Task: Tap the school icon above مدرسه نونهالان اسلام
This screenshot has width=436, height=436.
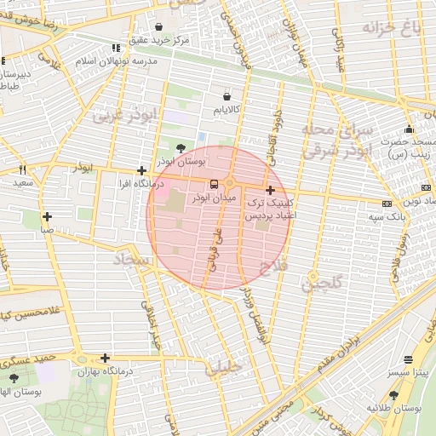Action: point(116,49)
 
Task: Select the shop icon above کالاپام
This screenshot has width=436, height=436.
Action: point(227,96)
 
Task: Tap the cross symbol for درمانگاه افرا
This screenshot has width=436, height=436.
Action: point(141,171)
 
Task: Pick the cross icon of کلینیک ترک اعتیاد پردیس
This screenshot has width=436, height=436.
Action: point(270,190)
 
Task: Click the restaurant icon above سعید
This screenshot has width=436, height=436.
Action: point(23,169)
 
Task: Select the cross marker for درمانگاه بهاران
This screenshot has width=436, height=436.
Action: point(105,358)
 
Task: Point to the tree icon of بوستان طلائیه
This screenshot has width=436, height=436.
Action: point(393,395)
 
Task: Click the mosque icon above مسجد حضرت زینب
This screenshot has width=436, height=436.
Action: point(409,129)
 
